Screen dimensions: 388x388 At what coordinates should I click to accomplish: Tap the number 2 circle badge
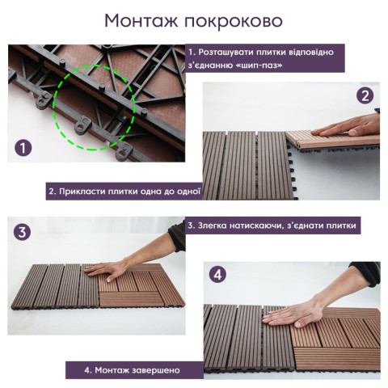[x=365, y=95]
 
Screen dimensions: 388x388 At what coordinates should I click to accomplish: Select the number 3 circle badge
[x=23, y=232]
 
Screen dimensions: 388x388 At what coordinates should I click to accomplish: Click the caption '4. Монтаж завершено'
[x=133, y=370]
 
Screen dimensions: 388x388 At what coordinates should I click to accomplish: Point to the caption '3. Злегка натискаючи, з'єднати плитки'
[x=272, y=226]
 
